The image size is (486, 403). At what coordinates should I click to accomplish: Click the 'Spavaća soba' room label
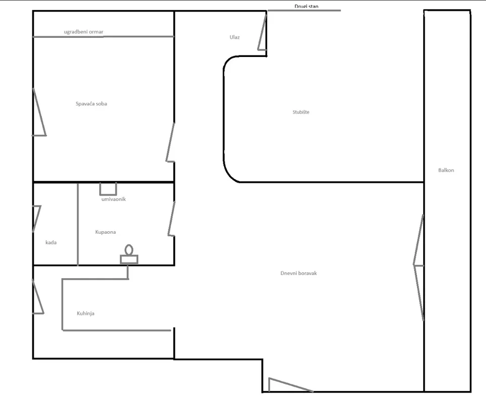click(x=91, y=104)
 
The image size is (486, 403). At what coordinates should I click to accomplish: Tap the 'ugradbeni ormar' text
click(x=84, y=32)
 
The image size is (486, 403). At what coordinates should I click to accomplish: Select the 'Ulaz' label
click(x=234, y=37)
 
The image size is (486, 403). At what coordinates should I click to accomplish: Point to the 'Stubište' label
click(x=301, y=112)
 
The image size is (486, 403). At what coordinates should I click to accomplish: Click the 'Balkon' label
click(x=446, y=170)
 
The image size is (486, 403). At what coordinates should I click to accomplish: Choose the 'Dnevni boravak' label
click(x=298, y=274)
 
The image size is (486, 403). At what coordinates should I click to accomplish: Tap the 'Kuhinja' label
click(x=86, y=313)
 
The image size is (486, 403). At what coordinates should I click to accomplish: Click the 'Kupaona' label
click(x=105, y=232)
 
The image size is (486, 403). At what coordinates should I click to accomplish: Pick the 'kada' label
click(x=51, y=242)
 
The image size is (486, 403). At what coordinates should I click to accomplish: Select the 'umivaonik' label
click(x=113, y=199)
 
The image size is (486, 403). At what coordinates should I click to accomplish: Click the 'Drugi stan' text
click(x=306, y=6)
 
